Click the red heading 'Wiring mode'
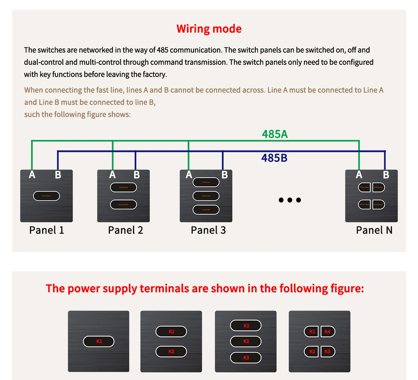209,29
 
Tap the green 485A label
275,134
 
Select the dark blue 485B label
274,158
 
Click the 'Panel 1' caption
47,230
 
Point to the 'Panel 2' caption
125,230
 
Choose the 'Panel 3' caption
208,230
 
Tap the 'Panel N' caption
374,230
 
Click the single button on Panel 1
46,196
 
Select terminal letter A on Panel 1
32,175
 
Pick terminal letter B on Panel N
386,175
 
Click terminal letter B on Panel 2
137,175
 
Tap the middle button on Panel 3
206,196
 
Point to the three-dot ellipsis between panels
290,200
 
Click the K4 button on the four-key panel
327,332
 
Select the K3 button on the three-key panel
246,358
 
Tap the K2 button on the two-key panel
171,351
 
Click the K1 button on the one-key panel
99,341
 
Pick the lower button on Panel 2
124,204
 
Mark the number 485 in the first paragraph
163,50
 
